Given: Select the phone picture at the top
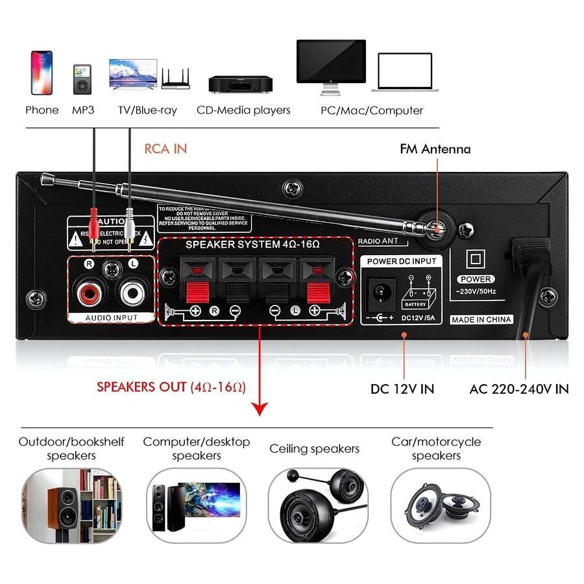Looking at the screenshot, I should (42, 73).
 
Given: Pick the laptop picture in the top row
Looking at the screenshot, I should (405, 72).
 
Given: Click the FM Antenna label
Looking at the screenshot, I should (435, 149).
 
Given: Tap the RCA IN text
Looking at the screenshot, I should (165, 149).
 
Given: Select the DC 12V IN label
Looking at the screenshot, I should (402, 389).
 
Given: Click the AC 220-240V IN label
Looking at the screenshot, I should (518, 389).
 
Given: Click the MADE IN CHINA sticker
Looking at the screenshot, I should (481, 319).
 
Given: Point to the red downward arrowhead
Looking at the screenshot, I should (260, 408).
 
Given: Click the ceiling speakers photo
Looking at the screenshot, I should (318, 505).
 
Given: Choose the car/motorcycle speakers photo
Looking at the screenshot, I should (440, 505).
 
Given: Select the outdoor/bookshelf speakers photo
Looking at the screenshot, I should (72, 505).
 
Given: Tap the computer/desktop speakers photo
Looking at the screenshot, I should (196, 505).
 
